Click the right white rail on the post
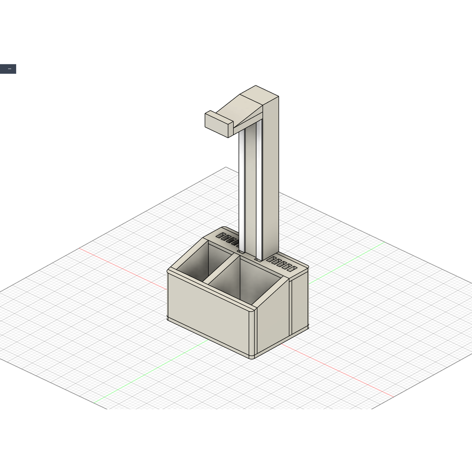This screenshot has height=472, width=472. click(x=259, y=194)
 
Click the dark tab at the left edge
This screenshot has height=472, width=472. click(x=8, y=69)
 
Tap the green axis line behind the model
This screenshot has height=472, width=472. click(x=346, y=260)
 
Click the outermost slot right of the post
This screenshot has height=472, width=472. click(x=292, y=269)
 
